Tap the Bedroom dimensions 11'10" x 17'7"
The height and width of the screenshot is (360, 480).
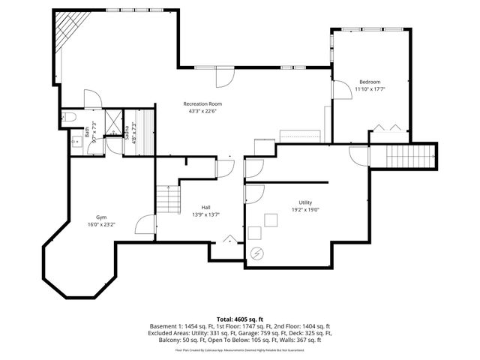pos(370,89)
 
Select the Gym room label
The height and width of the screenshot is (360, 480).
pos(100,217)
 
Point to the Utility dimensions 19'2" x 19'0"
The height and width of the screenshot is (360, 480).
pos(304,211)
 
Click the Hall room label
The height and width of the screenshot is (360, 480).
pos(205,207)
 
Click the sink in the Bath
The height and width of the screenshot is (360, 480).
pos(75,140)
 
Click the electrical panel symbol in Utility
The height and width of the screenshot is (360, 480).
pos(257,253)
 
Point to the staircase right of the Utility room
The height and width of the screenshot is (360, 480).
pos(410,157)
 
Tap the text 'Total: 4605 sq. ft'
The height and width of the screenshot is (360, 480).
pos(240,319)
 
